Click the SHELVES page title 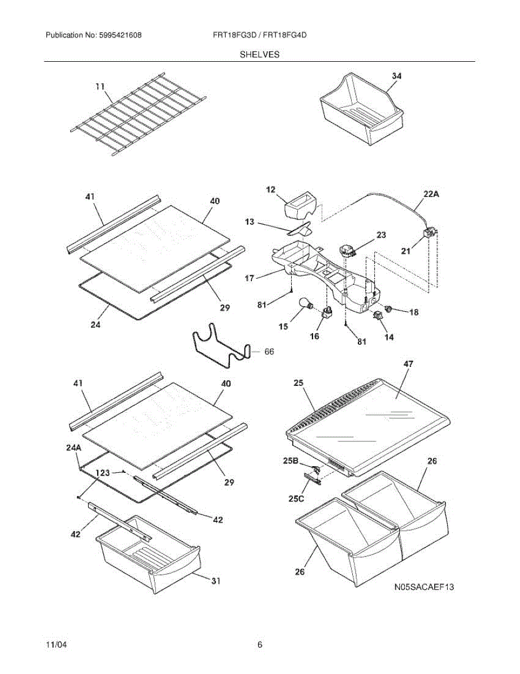coord(260,54)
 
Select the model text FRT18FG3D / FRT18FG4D coord(259,35)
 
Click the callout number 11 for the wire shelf coord(100,86)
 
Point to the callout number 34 coord(396,76)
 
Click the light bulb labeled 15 coord(307,304)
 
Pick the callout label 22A coord(430,195)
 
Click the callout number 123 coord(103,473)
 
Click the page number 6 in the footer coord(260,645)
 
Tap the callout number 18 coord(413,312)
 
